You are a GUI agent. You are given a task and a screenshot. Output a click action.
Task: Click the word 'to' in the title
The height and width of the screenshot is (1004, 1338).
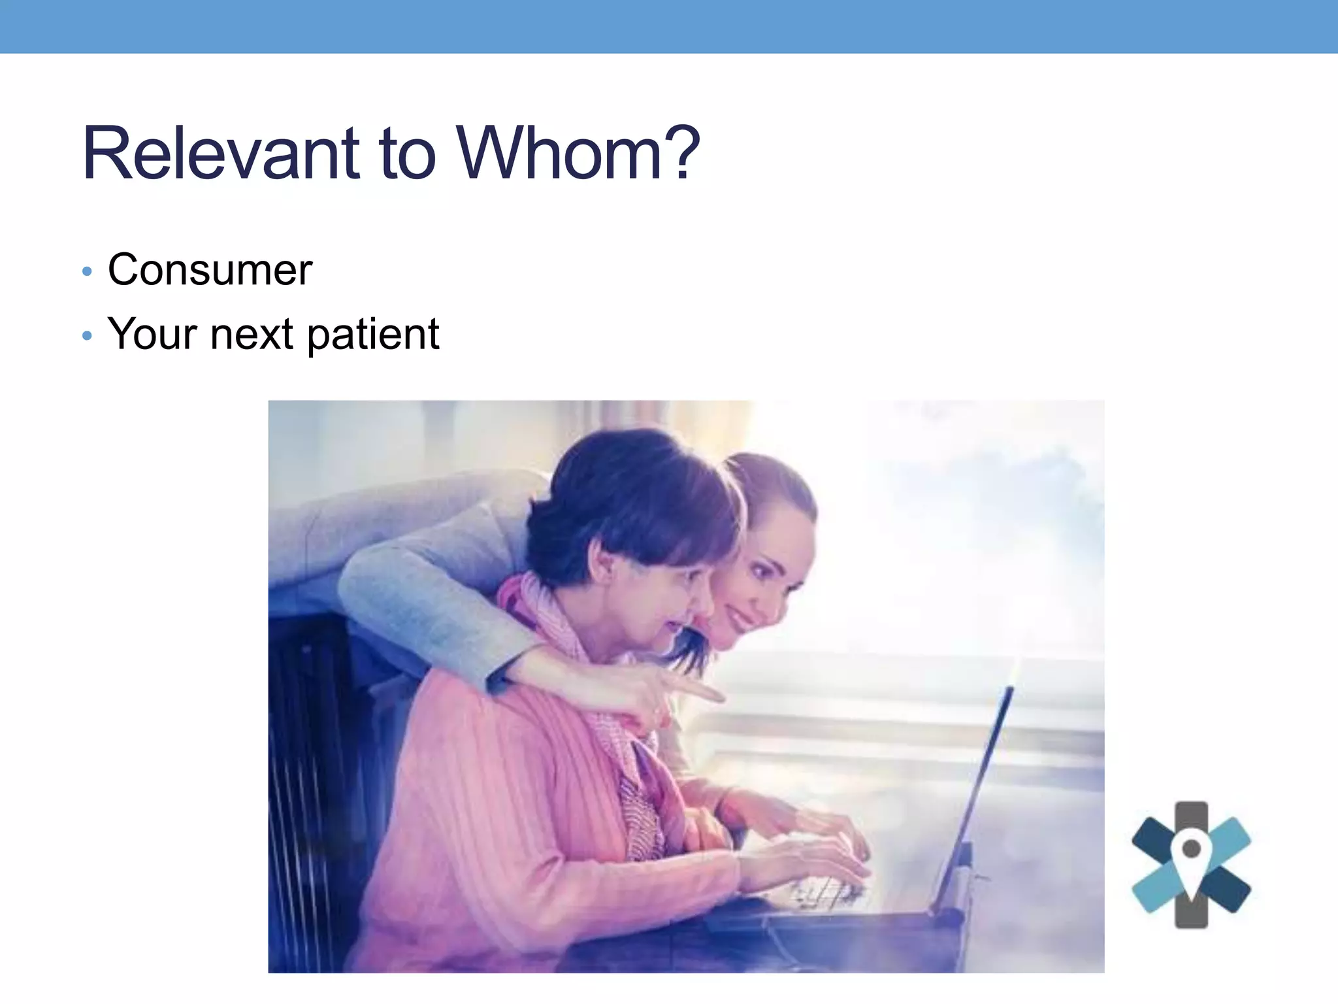(x=407, y=156)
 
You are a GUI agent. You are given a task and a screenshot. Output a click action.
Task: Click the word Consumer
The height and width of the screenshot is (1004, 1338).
(x=210, y=269)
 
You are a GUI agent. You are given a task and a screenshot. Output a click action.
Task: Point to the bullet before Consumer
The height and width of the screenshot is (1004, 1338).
(x=88, y=271)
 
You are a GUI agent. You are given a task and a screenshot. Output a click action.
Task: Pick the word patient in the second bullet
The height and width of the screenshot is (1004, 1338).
(x=373, y=335)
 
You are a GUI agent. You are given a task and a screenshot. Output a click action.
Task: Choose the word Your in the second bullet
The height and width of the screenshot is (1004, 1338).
(x=152, y=334)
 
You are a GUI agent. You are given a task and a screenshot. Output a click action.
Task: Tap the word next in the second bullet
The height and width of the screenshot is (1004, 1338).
(x=252, y=335)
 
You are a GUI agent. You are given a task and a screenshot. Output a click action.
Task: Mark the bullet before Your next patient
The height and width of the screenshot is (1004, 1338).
(x=88, y=337)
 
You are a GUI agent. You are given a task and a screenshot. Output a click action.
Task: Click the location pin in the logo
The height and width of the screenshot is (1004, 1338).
(x=1191, y=854)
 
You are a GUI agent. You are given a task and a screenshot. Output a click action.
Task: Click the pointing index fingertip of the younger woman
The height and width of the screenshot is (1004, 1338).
(x=719, y=695)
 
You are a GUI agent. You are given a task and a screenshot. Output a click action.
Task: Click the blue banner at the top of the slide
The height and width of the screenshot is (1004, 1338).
(x=669, y=26)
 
